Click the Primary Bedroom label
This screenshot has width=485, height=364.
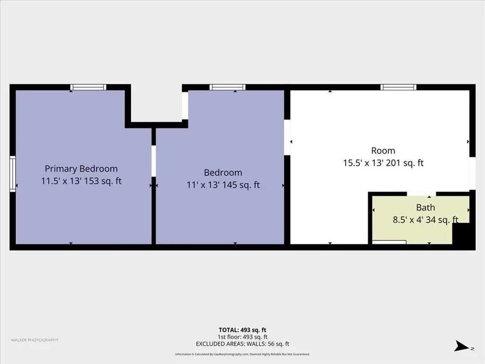click(x=81, y=169)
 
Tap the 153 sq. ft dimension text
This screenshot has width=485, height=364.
click(x=103, y=181)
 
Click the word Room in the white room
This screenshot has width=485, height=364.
click(x=383, y=151)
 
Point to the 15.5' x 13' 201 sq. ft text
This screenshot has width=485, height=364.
click(x=383, y=163)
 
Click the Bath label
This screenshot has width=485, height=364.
click(x=425, y=208)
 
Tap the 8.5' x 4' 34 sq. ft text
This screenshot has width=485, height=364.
click(x=425, y=220)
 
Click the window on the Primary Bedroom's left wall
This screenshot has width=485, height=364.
click(x=12, y=174)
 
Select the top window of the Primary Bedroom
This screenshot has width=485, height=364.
click(x=88, y=87)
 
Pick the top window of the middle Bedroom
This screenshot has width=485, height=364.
click(x=227, y=87)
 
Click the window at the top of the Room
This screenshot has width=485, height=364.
click(x=398, y=87)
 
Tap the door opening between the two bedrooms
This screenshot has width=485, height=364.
click(x=153, y=161)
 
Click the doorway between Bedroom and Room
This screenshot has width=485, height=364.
click(x=287, y=137)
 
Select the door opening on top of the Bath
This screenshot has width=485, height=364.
click(x=421, y=194)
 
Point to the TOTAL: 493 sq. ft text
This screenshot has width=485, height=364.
click(x=242, y=330)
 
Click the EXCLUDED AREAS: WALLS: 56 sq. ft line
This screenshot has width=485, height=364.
click(x=242, y=344)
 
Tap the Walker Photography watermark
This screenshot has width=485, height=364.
click(x=35, y=340)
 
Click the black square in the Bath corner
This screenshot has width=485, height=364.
click(x=461, y=233)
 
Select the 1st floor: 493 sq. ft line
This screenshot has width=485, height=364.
click(x=242, y=337)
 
